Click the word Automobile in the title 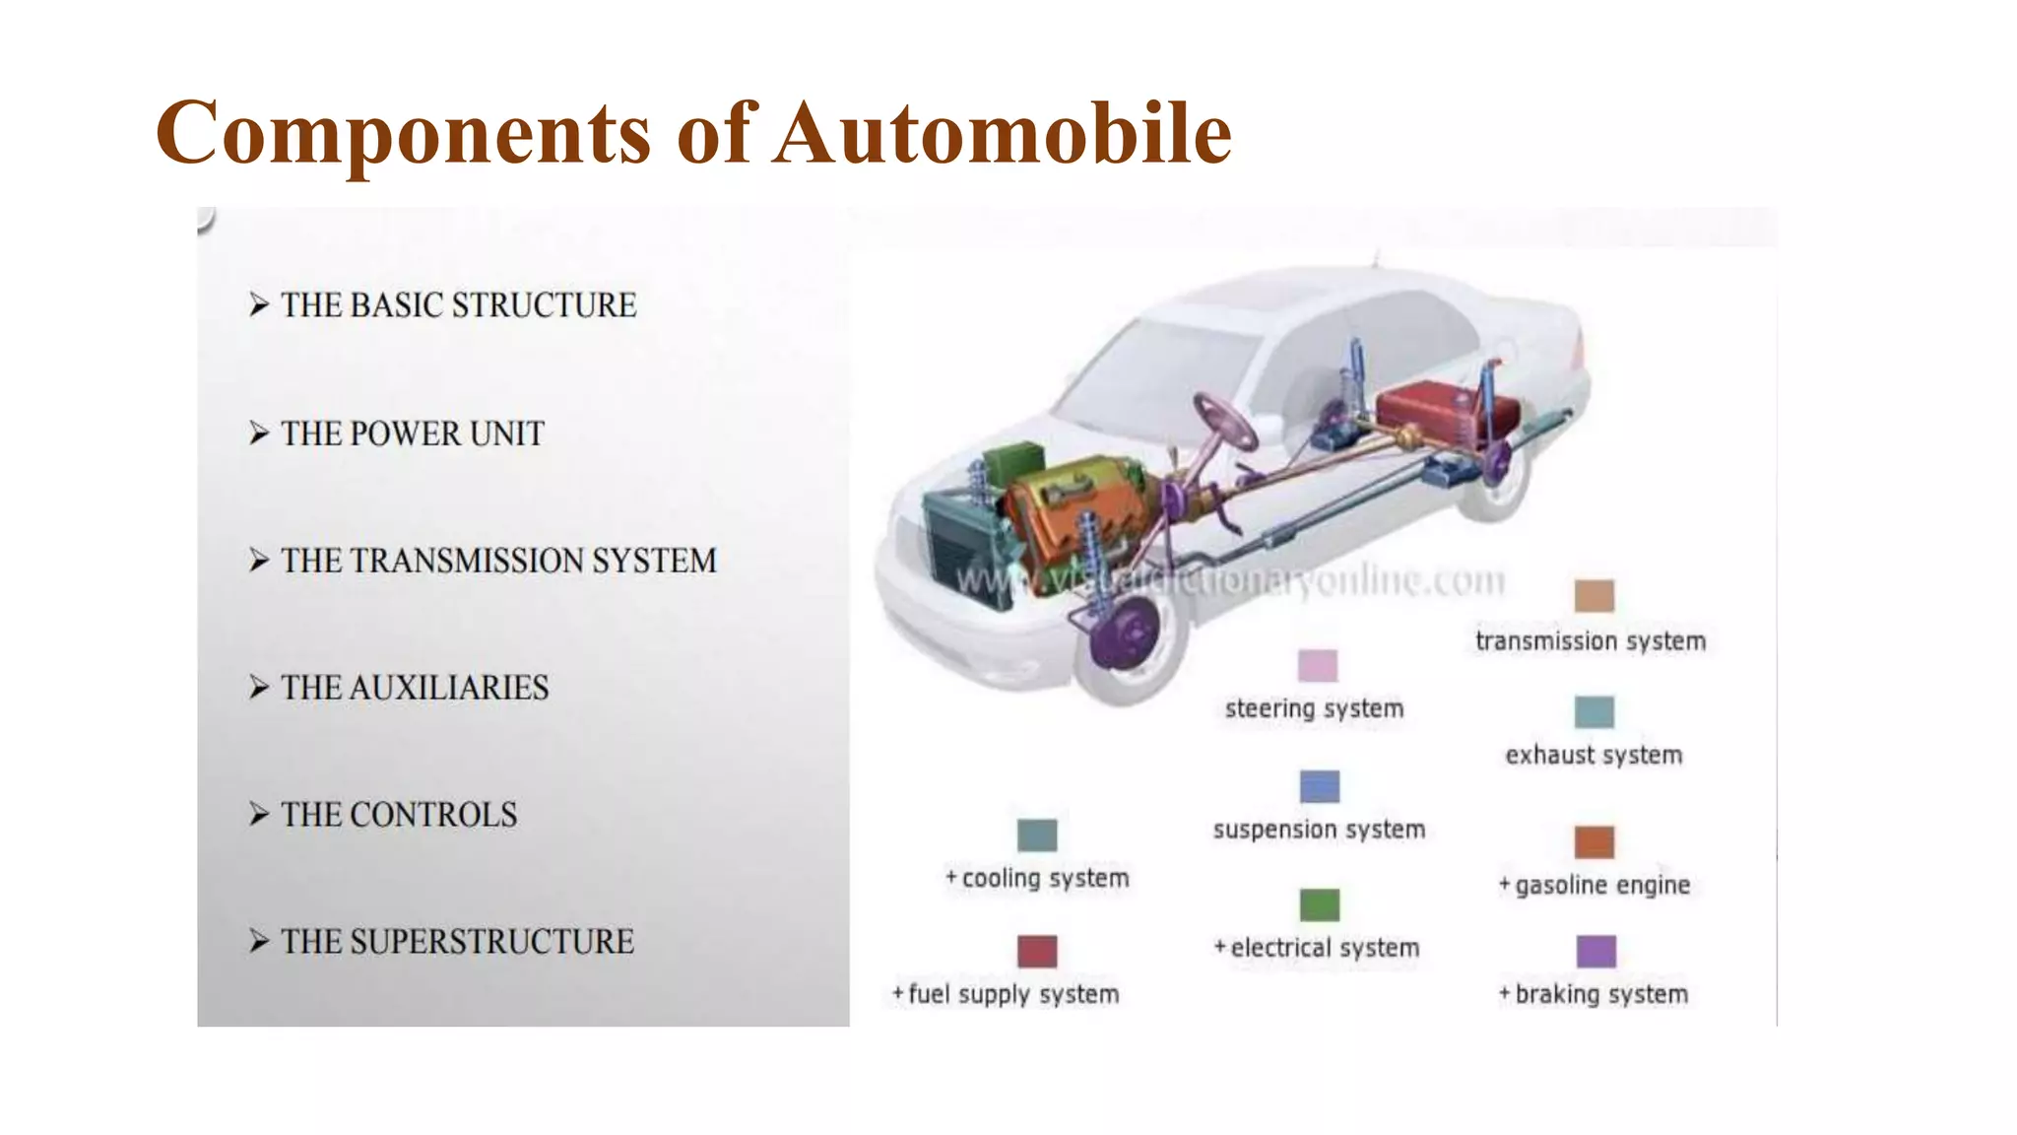(1002, 133)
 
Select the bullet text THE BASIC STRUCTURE (458, 305)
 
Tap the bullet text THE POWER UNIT (412, 434)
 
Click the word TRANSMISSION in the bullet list (467, 561)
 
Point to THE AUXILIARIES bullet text (415, 688)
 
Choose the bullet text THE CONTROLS (399, 815)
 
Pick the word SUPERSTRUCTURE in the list (491, 942)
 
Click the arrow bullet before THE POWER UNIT (259, 434)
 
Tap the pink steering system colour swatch (1318, 666)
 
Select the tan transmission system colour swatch (1594, 596)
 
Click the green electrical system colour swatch (1320, 904)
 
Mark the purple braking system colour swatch (1595, 952)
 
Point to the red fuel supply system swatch (1037, 952)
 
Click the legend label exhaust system (1594, 756)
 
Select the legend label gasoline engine (1602, 886)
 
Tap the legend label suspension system (1319, 830)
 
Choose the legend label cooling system (1045, 878)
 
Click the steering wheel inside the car (1224, 421)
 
